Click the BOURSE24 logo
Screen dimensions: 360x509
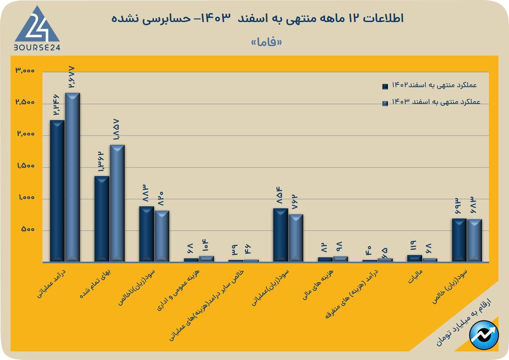[x=37, y=29]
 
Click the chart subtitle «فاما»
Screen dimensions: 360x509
[x=267, y=42]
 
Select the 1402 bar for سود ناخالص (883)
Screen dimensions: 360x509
[x=146, y=234]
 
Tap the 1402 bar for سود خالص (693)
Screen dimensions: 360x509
[x=459, y=240]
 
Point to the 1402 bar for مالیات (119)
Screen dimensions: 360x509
[x=415, y=258]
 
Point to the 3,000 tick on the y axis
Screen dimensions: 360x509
[x=25, y=70]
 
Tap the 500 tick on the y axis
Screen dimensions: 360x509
[x=28, y=229]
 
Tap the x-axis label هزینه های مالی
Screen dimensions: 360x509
[x=318, y=284]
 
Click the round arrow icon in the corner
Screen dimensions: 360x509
[x=484, y=335]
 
